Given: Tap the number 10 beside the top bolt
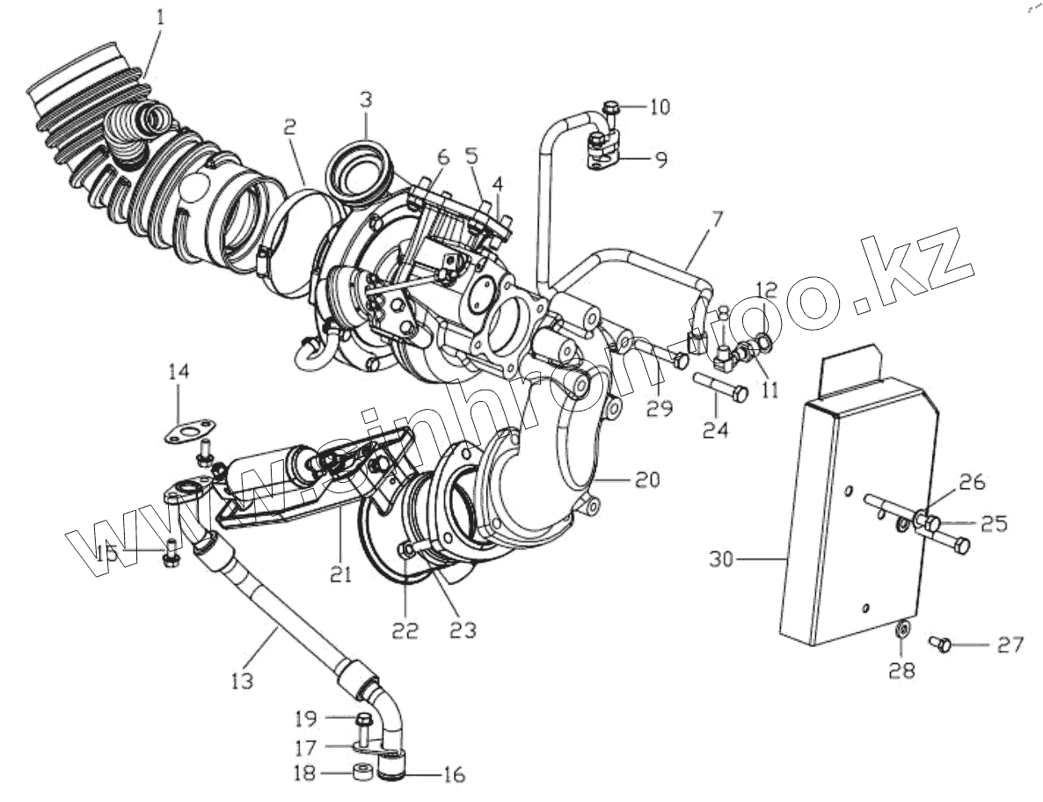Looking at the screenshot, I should tap(660, 107).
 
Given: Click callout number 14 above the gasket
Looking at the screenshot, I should tap(179, 373).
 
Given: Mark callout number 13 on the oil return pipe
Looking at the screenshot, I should tap(242, 681).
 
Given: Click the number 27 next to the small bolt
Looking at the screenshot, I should tap(1010, 645).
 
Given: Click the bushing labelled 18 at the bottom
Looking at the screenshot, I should tap(360, 774).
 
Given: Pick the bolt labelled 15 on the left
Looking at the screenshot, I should tap(171, 553).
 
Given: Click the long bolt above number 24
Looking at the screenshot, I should tap(721, 388).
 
